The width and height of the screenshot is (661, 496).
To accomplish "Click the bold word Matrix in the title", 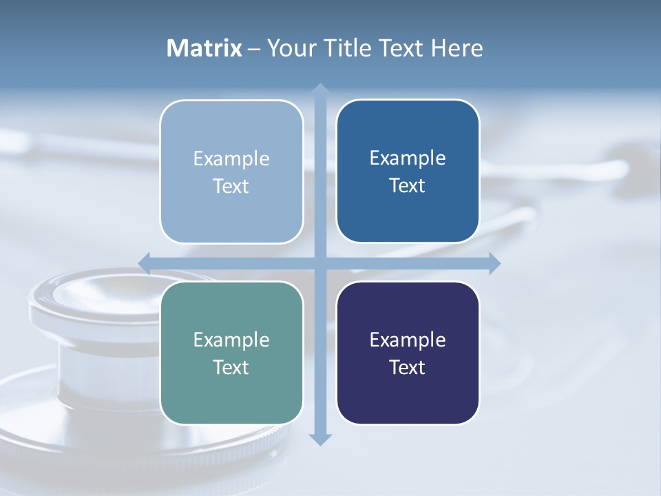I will [x=204, y=48].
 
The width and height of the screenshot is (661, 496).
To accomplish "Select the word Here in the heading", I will [x=457, y=48].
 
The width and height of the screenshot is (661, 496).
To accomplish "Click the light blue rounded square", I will [x=231, y=172].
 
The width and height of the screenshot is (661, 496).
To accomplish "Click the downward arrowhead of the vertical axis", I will [x=320, y=439].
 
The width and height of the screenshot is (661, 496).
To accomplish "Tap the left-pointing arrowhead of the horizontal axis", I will [x=145, y=262].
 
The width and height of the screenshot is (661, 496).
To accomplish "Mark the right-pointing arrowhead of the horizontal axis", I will [x=494, y=262].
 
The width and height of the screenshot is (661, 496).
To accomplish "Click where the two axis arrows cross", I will [x=320, y=262].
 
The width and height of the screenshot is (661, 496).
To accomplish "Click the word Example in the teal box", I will [x=231, y=340].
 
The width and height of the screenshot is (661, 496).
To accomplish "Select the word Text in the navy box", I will [x=408, y=367].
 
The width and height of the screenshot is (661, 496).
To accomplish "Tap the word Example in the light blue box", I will [x=231, y=158].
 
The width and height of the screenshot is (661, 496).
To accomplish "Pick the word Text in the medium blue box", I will [x=408, y=185].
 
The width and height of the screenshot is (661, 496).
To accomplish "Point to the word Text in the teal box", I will [x=231, y=367].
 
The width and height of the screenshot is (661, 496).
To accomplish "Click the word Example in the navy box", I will [x=408, y=340].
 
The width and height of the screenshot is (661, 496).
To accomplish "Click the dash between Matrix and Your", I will [x=254, y=49].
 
